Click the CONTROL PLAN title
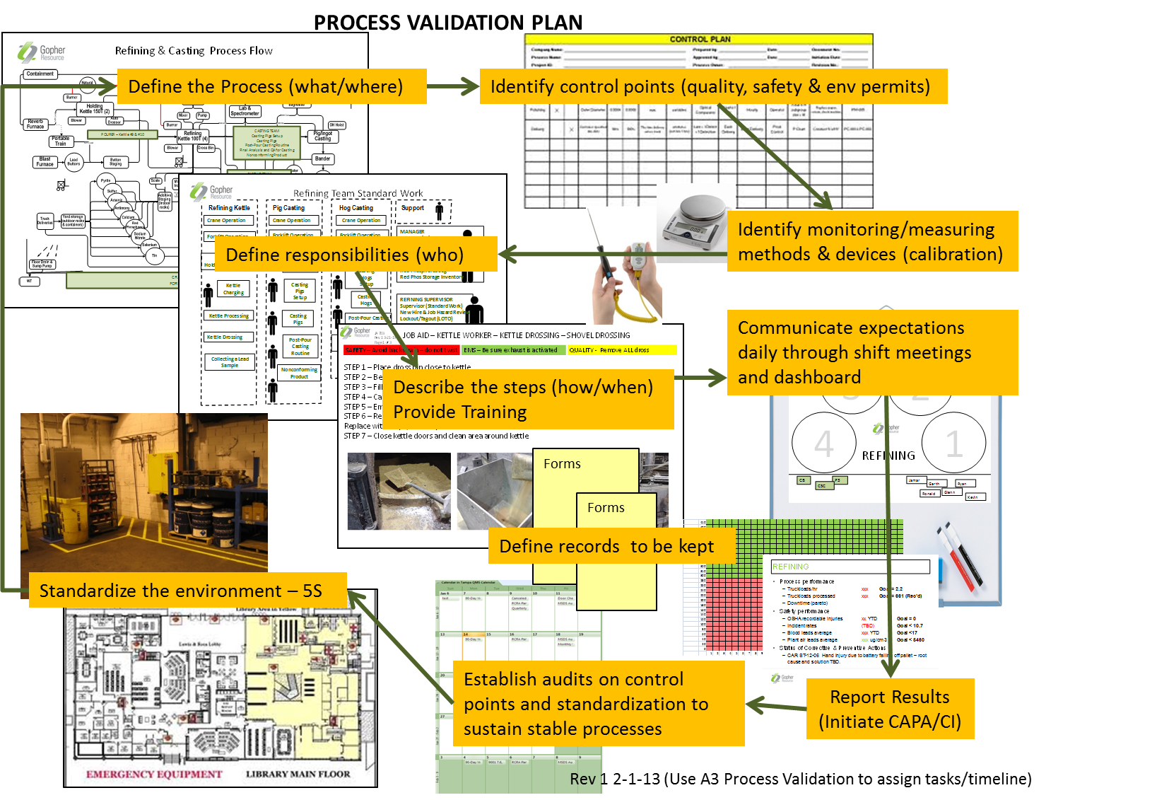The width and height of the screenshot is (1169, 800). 700,39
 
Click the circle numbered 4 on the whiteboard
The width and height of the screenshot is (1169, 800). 823,444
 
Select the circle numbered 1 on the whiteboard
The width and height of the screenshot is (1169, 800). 953,444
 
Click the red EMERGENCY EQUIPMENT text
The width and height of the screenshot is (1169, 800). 154,774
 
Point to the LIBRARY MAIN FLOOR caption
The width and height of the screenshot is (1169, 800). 298,774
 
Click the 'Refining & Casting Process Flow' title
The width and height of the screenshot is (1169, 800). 194,51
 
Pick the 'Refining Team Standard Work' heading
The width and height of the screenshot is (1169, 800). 358,193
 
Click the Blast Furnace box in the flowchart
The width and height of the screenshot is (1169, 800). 45,162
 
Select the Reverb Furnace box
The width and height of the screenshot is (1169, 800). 35,124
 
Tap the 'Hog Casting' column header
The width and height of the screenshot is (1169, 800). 356,208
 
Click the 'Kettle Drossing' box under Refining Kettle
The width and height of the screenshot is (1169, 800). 225,337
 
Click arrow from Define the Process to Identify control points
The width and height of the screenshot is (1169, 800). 453,86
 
